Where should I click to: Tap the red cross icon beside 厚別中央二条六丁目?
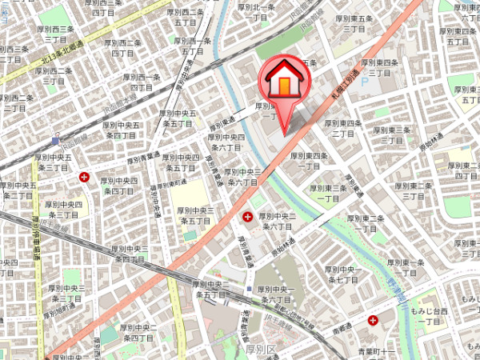point(247,216)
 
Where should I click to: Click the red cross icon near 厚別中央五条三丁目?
point(86,178)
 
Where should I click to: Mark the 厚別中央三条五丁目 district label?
point(195,215)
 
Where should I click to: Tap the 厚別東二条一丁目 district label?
point(364,223)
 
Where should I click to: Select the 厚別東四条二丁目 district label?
point(343,128)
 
